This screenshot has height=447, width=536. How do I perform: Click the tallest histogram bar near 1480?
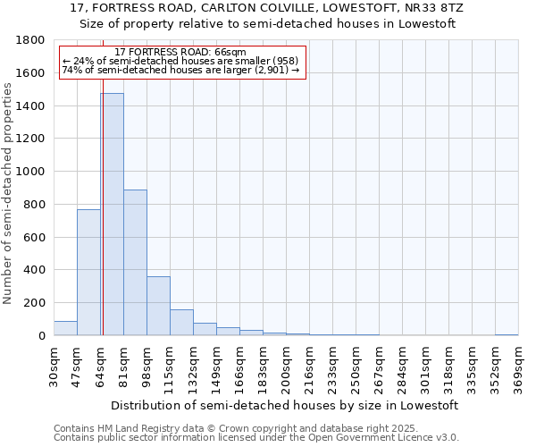point(112,215)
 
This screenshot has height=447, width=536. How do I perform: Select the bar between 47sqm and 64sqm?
point(88,273)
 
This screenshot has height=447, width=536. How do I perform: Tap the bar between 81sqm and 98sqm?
point(135,263)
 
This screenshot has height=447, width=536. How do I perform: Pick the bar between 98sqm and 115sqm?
point(158,306)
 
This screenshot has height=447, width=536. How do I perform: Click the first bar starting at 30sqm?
point(65,328)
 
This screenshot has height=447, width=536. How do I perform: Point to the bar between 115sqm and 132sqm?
point(181,323)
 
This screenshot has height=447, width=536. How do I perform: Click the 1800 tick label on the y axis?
point(32,40)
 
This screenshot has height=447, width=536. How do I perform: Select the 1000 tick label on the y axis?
point(32,172)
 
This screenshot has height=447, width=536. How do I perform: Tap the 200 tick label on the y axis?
point(36,303)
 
